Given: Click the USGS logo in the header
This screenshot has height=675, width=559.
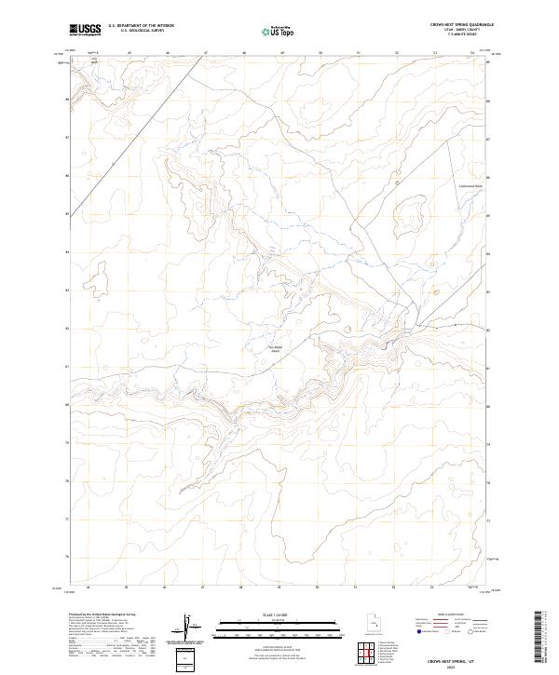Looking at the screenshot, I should [85, 29].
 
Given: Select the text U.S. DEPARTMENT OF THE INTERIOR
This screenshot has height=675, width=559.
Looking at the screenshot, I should [141, 26].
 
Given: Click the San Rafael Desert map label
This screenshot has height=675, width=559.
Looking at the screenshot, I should [275, 349].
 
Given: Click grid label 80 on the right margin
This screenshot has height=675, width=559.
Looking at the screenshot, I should [488, 406].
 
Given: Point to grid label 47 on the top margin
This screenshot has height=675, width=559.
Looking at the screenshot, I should [204, 53].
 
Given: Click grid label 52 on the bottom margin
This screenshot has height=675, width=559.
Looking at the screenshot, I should [394, 587].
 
